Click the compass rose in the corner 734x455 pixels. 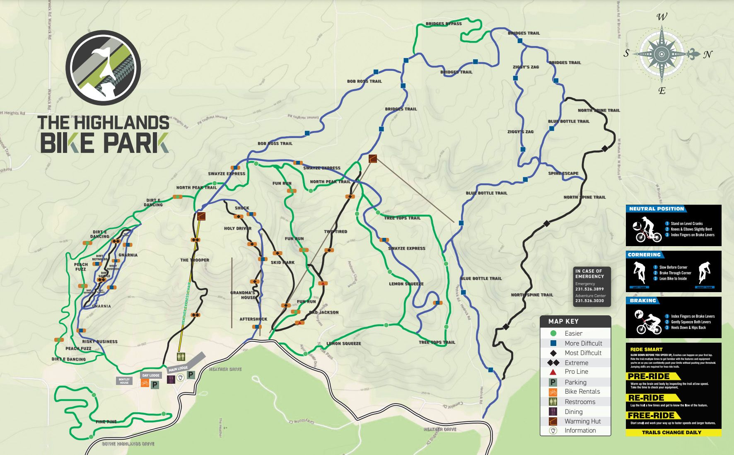tap(662, 54)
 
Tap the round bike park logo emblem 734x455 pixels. tap(103, 68)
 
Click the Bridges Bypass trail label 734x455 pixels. tap(443, 24)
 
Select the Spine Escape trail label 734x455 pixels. tap(563, 173)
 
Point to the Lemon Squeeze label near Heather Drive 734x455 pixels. tap(343, 344)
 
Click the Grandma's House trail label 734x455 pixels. tap(243, 295)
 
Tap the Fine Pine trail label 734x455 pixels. tap(106, 421)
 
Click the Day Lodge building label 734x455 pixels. tap(151, 375)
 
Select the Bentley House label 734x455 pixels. tap(124, 381)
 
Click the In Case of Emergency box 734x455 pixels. tap(592, 286)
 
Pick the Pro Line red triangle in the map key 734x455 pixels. tap(553, 372)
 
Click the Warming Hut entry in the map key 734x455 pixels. tap(582, 421)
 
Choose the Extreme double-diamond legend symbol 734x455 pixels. tap(553, 363)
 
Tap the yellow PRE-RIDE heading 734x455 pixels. tap(649, 376)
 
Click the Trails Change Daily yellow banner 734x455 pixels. tap(671, 432)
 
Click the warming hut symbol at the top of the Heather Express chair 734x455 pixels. tap(201, 216)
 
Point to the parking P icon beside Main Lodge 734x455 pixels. tap(191, 375)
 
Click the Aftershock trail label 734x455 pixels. tap(253, 319)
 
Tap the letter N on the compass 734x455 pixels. tap(708, 54)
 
